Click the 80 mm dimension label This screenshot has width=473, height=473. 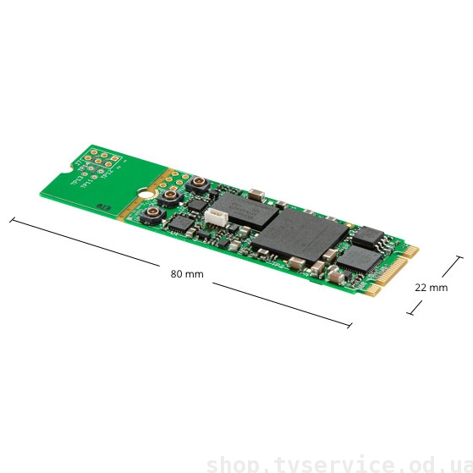187,274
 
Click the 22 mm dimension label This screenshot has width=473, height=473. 431,287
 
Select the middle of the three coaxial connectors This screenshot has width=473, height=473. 171,196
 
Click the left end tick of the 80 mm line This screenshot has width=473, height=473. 11,220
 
